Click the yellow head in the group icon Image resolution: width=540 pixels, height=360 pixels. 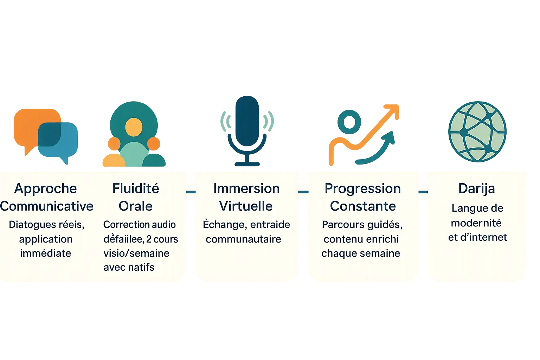(134, 127)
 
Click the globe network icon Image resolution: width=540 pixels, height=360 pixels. (477, 132)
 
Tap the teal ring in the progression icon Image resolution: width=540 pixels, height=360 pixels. (349, 122)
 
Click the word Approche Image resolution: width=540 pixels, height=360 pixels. (46, 189)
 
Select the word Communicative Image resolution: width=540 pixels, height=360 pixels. (47, 206)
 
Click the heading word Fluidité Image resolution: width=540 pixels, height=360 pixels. (136, 188)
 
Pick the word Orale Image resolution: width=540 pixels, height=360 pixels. (136, 206)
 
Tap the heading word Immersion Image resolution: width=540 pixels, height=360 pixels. (246, 188)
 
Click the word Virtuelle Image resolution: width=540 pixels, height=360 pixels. (246, 206)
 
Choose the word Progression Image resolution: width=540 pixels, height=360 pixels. (362, 188)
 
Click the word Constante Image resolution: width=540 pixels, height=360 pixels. (363, 206)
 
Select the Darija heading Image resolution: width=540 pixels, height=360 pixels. (477, 188)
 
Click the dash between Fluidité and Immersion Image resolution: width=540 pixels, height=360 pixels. (191, 192)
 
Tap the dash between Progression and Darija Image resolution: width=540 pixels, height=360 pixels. (423, 192)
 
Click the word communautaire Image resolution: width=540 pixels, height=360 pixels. (243, 239)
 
